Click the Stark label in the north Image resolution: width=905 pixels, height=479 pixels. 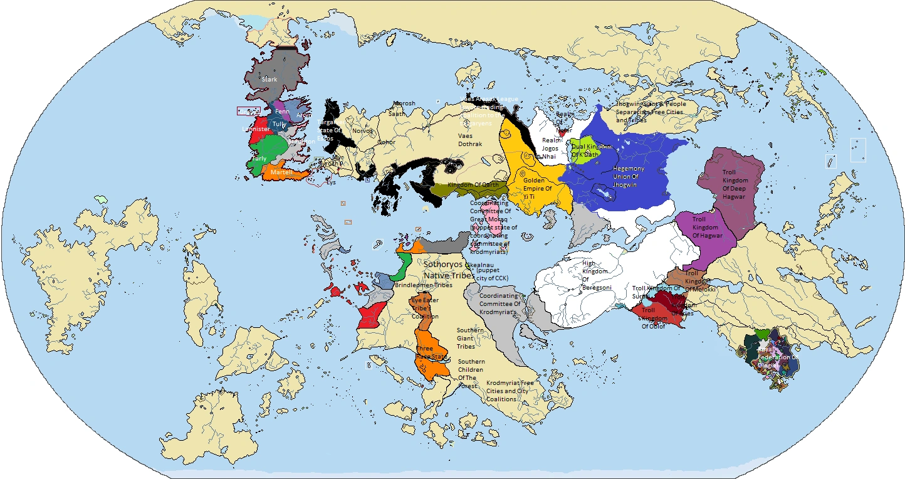point(269,80)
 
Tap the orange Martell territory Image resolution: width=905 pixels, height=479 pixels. point(282,172)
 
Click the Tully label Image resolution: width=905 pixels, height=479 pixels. point(279,124)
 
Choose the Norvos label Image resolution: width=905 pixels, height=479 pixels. point(362,131)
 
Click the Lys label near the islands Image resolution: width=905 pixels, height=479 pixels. point(331,182)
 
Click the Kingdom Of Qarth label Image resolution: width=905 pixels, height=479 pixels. point(473,185)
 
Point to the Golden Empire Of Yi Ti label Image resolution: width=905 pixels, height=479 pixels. point(537,188)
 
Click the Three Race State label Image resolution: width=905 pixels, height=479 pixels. point(432,353)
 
